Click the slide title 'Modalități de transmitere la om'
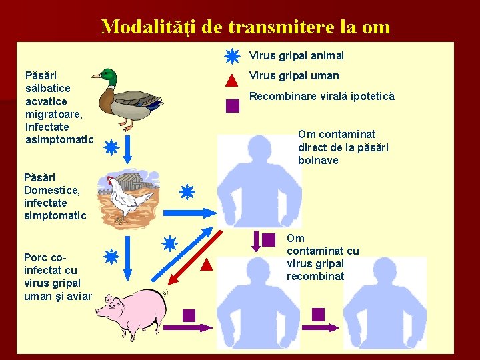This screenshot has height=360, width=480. click(x=245, y=27)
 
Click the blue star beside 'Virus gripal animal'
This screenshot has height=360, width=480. click(x=231, y=57)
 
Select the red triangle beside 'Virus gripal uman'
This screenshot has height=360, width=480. click(x=231, y=81)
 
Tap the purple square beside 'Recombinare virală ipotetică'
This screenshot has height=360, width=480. click(x=232, y=105)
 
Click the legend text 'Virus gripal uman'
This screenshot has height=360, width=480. click(x=294, y=76)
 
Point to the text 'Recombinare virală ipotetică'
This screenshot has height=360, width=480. click(x=321, y=96)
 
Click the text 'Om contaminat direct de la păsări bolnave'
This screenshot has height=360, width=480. click(x=343, y=147)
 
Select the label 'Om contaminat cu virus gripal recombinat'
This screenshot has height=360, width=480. click(x=322, y=257)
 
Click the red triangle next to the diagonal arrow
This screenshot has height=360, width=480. click(x=206, y=265)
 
